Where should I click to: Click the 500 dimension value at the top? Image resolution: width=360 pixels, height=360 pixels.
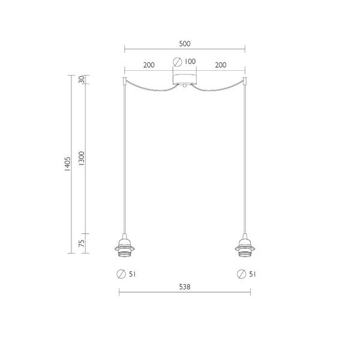click(185, 44)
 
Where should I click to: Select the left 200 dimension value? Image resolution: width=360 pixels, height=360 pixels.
click(149, 65)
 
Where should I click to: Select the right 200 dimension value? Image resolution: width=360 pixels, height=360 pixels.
click(221, 65)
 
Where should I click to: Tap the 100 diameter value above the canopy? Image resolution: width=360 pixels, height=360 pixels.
click(190, 61)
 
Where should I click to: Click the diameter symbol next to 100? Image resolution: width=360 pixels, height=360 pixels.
click(177, 62)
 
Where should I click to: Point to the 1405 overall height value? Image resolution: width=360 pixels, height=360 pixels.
click(67, 164)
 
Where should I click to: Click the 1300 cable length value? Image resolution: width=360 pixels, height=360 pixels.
click(82, 158)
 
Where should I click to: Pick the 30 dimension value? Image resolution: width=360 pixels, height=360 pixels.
click(82, 80)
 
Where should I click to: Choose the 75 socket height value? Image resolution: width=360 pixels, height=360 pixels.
click(82, 244)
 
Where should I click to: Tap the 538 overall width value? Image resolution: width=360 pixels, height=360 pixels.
click(185, 287)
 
